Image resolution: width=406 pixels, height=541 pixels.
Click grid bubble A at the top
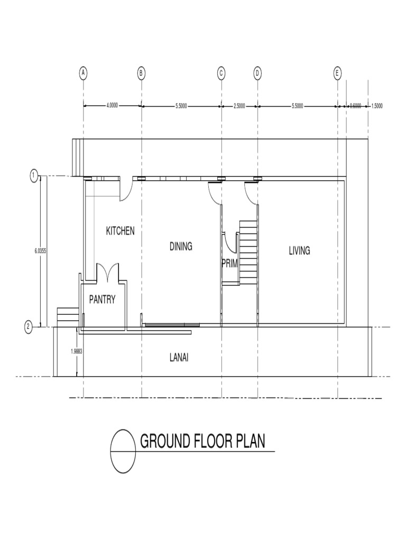coord(83,73)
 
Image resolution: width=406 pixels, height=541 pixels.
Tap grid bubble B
coord(141,73)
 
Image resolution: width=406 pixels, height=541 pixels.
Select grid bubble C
coord(222,73)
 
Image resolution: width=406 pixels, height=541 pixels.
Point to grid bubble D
coord(257,73)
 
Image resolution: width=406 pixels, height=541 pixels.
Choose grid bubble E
coord(337,73)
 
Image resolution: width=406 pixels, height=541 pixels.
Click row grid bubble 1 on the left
coord(34,175)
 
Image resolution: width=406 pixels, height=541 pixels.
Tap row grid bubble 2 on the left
coord(29,328)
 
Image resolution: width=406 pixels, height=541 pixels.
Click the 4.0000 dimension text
coord(112,106)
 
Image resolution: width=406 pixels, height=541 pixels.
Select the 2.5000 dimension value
coord(239,106)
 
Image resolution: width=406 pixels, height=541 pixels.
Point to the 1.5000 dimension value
coord(377,106)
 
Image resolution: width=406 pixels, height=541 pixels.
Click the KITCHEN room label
coord(121,231)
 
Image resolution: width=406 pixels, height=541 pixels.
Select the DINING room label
coord(181,246)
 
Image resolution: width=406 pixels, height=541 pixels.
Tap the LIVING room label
coord(299,251)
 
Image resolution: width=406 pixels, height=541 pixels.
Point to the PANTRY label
coord(102,300)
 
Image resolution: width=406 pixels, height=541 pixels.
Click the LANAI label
coord(179,358)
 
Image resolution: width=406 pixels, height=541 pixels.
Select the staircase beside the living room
coord(247,251)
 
